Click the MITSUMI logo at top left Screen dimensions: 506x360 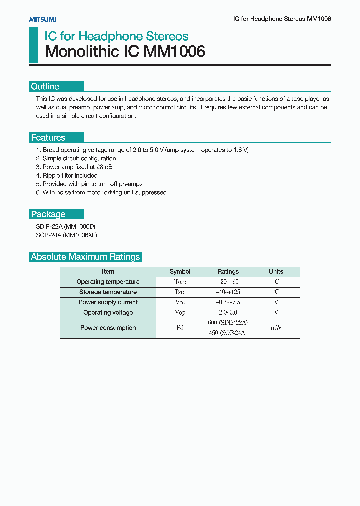pyautogui.click(x=43, y=19)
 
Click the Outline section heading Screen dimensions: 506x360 pyautogui.click(x=45, y=86)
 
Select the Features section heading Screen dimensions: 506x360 pyautogui.click(x=48, y=138)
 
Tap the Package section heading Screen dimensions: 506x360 pyautogui.click(x=48, y=214)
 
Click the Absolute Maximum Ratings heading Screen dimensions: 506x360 pyautogui.click(x=85, y=257)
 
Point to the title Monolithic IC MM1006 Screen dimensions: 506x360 pyautogui.click(x=125, y=52)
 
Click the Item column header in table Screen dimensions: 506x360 pyautogui.click(x=108, y=272)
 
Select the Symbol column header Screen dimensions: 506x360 pyautogui.click(x=180, y=272)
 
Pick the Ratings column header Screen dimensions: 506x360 pyautogui.click(x=228, y=272)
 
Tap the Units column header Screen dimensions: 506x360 pyautogui.click(x=276, y=272)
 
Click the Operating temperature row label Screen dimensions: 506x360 pyautogui.click(x=108, y=282)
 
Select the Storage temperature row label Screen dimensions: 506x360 pyautogui.click(x=108, y=292)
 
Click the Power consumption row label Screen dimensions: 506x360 pyautogui.click(x=108, y=328)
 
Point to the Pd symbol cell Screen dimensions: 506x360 pyautogui.click(x=180, y=328)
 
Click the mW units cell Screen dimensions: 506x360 pyautogui.click(x=276, y=328)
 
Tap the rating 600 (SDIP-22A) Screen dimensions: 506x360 pyautogui.click(x=228, y=323)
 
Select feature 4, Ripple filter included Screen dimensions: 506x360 pyautogui.click(x=67, y=175)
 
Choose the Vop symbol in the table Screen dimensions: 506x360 pyautogui.click(x=180, y=312)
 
